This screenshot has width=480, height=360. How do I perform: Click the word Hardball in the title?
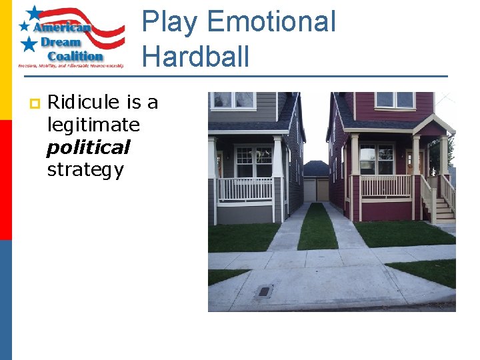click(x=195, y=56)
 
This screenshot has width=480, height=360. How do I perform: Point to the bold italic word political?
click(x=88, y=147)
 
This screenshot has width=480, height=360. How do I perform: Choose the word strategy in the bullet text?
click(x=85, y=170)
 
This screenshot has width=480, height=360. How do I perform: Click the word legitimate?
click(x=93, y=125)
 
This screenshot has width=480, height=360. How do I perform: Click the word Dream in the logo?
click(x=62, y=42)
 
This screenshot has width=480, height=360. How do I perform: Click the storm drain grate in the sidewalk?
click(x=265, y=291)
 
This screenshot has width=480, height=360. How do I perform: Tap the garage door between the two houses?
click(x=316, y=189)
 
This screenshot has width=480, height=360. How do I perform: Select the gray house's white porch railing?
click(x=245, y=189)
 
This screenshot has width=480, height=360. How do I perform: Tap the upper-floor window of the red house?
click(x=394, y=100)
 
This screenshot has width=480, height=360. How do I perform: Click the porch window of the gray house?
click(x=253, y=161)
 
